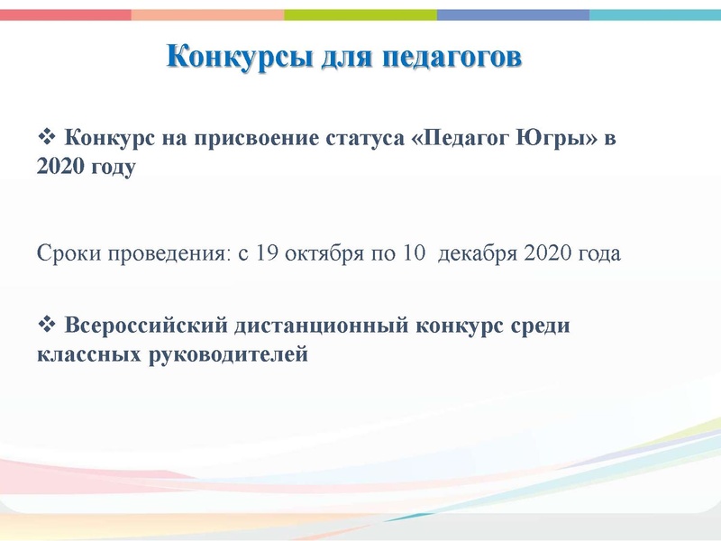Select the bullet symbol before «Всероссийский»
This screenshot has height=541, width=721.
(x=47, y=325)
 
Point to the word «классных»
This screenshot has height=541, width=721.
(x=85, y=354)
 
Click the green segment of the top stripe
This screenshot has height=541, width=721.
(x=360, y=15)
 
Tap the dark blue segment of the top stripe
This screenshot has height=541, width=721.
(x=514, y=15)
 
